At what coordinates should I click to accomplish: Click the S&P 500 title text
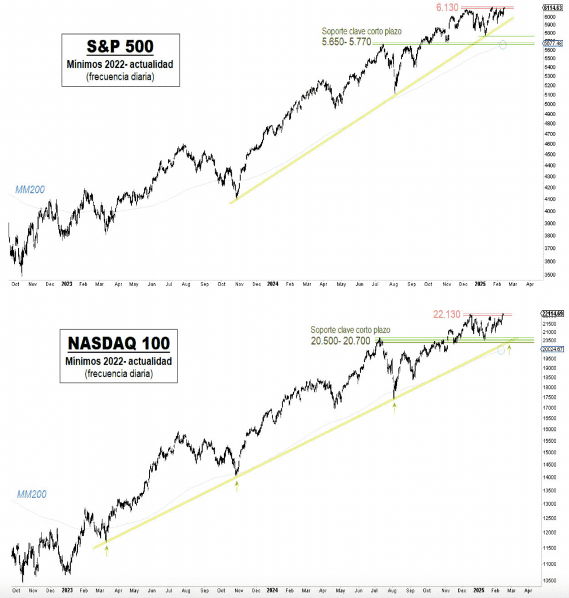pos(120,47)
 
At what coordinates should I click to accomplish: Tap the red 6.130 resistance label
pos(447,8)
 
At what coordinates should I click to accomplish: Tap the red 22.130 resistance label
pos(447,314)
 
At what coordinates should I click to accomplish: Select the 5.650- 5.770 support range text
pos(346,42)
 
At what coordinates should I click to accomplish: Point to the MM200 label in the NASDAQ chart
pos(32,494)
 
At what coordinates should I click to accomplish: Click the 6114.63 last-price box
pos(552,8)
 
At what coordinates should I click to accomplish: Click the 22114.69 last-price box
pos(552,314)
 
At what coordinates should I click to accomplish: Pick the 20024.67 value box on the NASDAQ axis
pos(552,349)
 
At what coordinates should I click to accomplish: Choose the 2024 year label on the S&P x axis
pos(273,284)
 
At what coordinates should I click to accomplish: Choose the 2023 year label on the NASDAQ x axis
pos(67,590)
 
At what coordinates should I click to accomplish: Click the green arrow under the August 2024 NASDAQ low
pos(395,409)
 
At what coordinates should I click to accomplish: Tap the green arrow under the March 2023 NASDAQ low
pos(106,551)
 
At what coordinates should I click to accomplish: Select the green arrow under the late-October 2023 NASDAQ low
pos(237,486)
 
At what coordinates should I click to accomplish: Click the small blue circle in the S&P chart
pos(502,45)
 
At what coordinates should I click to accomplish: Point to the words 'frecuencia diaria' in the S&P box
pos(120,76)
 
